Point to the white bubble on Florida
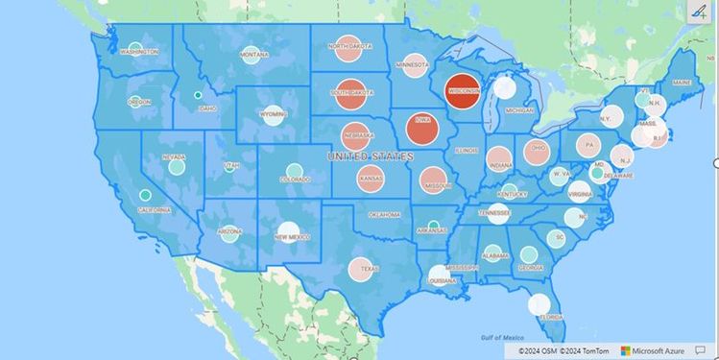click(x=540, y=305)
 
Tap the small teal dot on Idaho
click(x=198, y=95)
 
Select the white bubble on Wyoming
click(x=273, y=115)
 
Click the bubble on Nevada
click(x=177, y=166)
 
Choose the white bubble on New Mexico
click(x=288, y=230)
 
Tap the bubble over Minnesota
click(x=414, y=65)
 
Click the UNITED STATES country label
click(x=370, y=156)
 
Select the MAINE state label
click(x=682, y=84)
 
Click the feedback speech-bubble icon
click(x=700, y=351)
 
